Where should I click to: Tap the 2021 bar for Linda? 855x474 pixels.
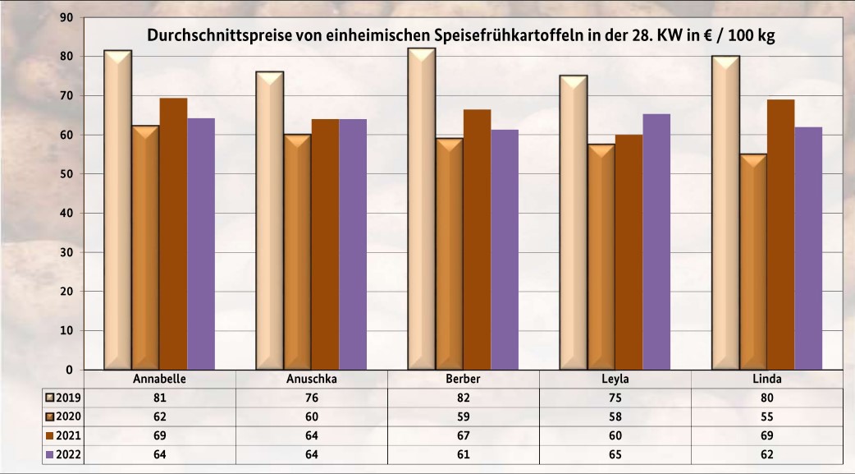[x=780, y=234]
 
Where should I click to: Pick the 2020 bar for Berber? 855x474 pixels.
[x=449, y=254]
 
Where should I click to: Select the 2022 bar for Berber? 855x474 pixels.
[x=505, y=250]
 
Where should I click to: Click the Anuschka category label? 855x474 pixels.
[x=312, y=380]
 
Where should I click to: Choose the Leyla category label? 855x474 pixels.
[x=615, y=380]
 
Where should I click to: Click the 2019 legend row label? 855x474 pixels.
[x=68, y=398]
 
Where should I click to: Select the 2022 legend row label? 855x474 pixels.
[x=68, y=453]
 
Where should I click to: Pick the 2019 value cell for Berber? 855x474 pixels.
[x=464, y=398]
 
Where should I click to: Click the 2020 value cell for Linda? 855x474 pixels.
[x=766, y=416]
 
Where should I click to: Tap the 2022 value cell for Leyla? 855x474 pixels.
[x=615, y=453]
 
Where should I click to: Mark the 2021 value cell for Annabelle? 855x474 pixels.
[x=160, y=435]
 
